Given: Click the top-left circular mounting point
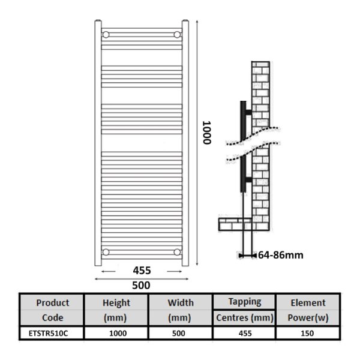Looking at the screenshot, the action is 106,35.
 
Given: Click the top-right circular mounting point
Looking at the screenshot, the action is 177,35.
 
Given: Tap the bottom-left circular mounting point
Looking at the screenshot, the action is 106,252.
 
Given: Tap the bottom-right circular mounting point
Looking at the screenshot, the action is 177,252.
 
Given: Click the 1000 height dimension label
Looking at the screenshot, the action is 207,133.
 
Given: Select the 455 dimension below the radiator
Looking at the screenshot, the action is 142,271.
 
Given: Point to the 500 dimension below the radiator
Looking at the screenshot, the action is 141,286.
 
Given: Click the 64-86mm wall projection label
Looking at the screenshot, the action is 281,255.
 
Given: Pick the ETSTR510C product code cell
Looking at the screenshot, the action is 48,334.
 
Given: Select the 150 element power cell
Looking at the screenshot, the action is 307,334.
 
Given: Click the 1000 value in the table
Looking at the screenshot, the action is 118,334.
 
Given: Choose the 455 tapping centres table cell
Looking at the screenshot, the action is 245,334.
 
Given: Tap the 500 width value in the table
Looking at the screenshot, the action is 179,334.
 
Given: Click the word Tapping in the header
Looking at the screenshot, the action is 245,302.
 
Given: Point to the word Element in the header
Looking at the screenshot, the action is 308,303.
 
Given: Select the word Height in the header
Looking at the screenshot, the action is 116,303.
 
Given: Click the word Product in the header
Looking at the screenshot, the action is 53,303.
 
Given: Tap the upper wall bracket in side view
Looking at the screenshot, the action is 248,112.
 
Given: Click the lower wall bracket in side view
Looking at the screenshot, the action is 248,180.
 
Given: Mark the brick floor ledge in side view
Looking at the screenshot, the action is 235,224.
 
